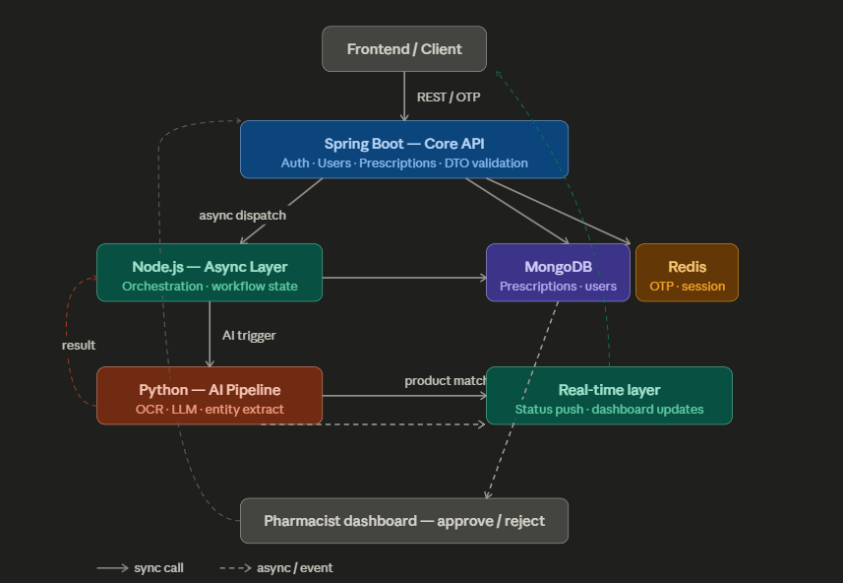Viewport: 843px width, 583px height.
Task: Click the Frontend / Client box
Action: pos(404,49)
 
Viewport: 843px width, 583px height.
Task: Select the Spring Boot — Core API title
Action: pos(404,144)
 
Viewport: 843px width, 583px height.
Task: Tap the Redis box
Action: pos(687,273)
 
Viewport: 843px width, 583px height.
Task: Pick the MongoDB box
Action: pos(558,273)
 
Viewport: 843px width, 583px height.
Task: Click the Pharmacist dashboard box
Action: pos(404,521)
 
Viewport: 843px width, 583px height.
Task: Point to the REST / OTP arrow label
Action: pos(449,97)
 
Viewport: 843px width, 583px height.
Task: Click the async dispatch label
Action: pos(242,216)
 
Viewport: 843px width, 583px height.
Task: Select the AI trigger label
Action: pos(249,336)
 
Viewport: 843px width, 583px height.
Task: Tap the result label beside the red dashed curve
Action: pos(79,345)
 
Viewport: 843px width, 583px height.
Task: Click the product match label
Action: pos(446,380)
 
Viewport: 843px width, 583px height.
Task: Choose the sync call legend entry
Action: pos(141,568)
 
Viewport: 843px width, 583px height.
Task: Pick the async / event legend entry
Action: pos(276,568)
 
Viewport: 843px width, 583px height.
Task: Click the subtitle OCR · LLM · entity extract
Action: pos(210,409)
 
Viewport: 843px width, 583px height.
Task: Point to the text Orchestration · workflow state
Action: pos(210,286)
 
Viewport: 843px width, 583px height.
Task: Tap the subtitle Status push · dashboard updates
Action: pos(609,409)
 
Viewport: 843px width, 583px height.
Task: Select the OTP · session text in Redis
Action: pos(687,286)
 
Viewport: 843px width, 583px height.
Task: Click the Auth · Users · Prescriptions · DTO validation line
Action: pos(404,162)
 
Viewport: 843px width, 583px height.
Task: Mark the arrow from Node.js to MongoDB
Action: pos(404,278)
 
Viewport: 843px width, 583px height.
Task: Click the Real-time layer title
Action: pos(609,390)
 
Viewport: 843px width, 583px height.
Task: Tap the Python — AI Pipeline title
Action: pos(210,390)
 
